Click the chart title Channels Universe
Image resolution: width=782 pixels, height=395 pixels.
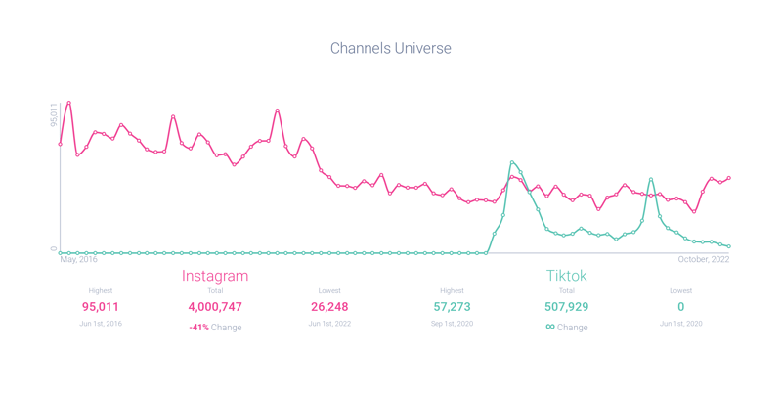[390, 48]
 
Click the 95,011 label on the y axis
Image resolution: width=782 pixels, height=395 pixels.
[55, 114]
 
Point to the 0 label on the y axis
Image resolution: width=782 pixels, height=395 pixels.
[55, 248]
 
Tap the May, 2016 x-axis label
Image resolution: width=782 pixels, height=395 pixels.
[79, 260]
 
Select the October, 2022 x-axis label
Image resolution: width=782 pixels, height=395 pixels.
[704, 260]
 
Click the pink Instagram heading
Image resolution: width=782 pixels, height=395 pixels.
[215, 276]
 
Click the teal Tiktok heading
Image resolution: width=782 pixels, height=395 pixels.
[567, 276]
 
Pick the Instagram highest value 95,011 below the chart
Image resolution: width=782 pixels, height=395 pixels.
[101, 307]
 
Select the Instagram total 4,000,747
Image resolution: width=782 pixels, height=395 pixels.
[215, 307]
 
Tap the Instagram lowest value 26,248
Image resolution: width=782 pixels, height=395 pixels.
[329, 307]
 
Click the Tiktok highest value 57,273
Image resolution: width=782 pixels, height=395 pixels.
[452, 307]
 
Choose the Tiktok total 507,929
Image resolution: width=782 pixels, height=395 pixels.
[567, 307]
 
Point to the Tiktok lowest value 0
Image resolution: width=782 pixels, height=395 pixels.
[681, 307]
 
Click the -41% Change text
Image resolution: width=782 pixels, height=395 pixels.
[215, 328]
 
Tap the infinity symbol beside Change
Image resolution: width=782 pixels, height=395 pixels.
[550, 327]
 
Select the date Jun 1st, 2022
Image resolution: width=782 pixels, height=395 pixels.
[329, 324]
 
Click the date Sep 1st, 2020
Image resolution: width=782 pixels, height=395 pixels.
[452, 324]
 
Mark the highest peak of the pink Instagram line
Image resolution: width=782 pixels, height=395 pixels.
[68, 103]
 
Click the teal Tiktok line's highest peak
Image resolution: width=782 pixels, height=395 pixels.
[512, 162]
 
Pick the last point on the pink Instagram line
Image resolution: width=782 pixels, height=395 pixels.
[729, 178]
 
